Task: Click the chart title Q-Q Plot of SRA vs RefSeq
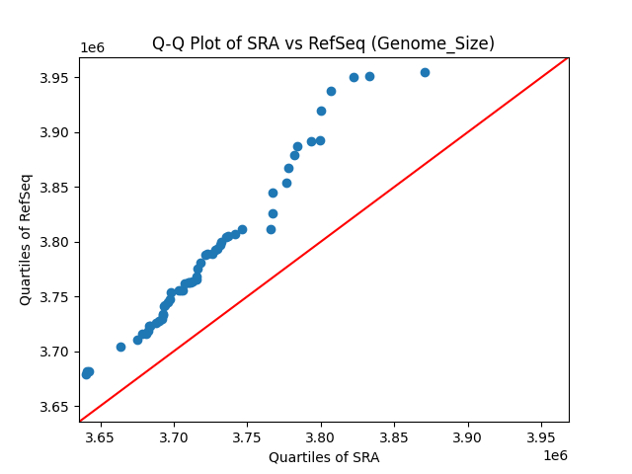coord(323,43)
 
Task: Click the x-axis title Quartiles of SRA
coord(324,457)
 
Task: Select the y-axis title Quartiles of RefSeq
coord(26,239)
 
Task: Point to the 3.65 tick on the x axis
coord(102,436)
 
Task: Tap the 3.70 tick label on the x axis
coord(175,436)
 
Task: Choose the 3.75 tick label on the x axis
coord(248,436)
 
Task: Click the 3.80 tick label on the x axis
coord(321,436)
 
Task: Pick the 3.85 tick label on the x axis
coord(394,436)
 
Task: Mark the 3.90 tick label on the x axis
coord(467,436)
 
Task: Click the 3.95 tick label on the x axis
coord(540,436)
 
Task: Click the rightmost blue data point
coord(425,72)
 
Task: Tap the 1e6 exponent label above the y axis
coord(93,47)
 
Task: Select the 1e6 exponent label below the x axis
coord(554,454)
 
